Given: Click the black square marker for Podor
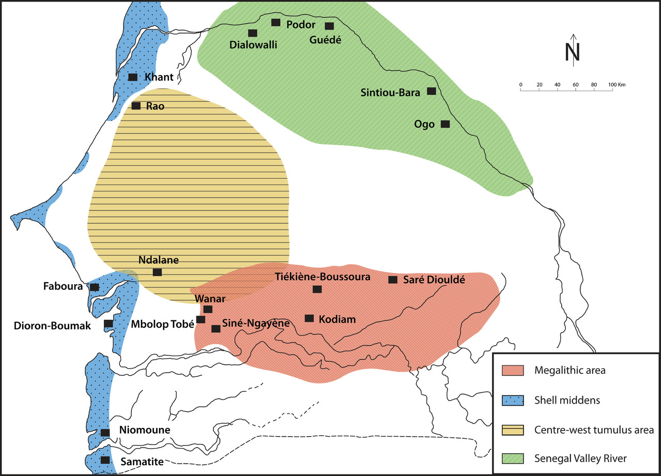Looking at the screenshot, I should click(x=276, y=22).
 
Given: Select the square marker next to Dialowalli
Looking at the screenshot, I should click(x=253, y=33).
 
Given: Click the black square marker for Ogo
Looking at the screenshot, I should click(x=445, y=124).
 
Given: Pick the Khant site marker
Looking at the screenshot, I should click(x=133, y=77).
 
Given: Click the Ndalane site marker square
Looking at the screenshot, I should click(x=157, y=272).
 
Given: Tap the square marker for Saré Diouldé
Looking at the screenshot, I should click(x=393, y=280).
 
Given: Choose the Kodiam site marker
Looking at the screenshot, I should click(x=310, y=318).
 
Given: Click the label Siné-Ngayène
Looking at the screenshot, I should click(x=255, y=324).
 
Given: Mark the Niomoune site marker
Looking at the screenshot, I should click(x=105, y=432).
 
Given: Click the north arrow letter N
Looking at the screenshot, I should click(x=573, y=52).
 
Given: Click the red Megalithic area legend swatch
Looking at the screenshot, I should click(x=513, y=370).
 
